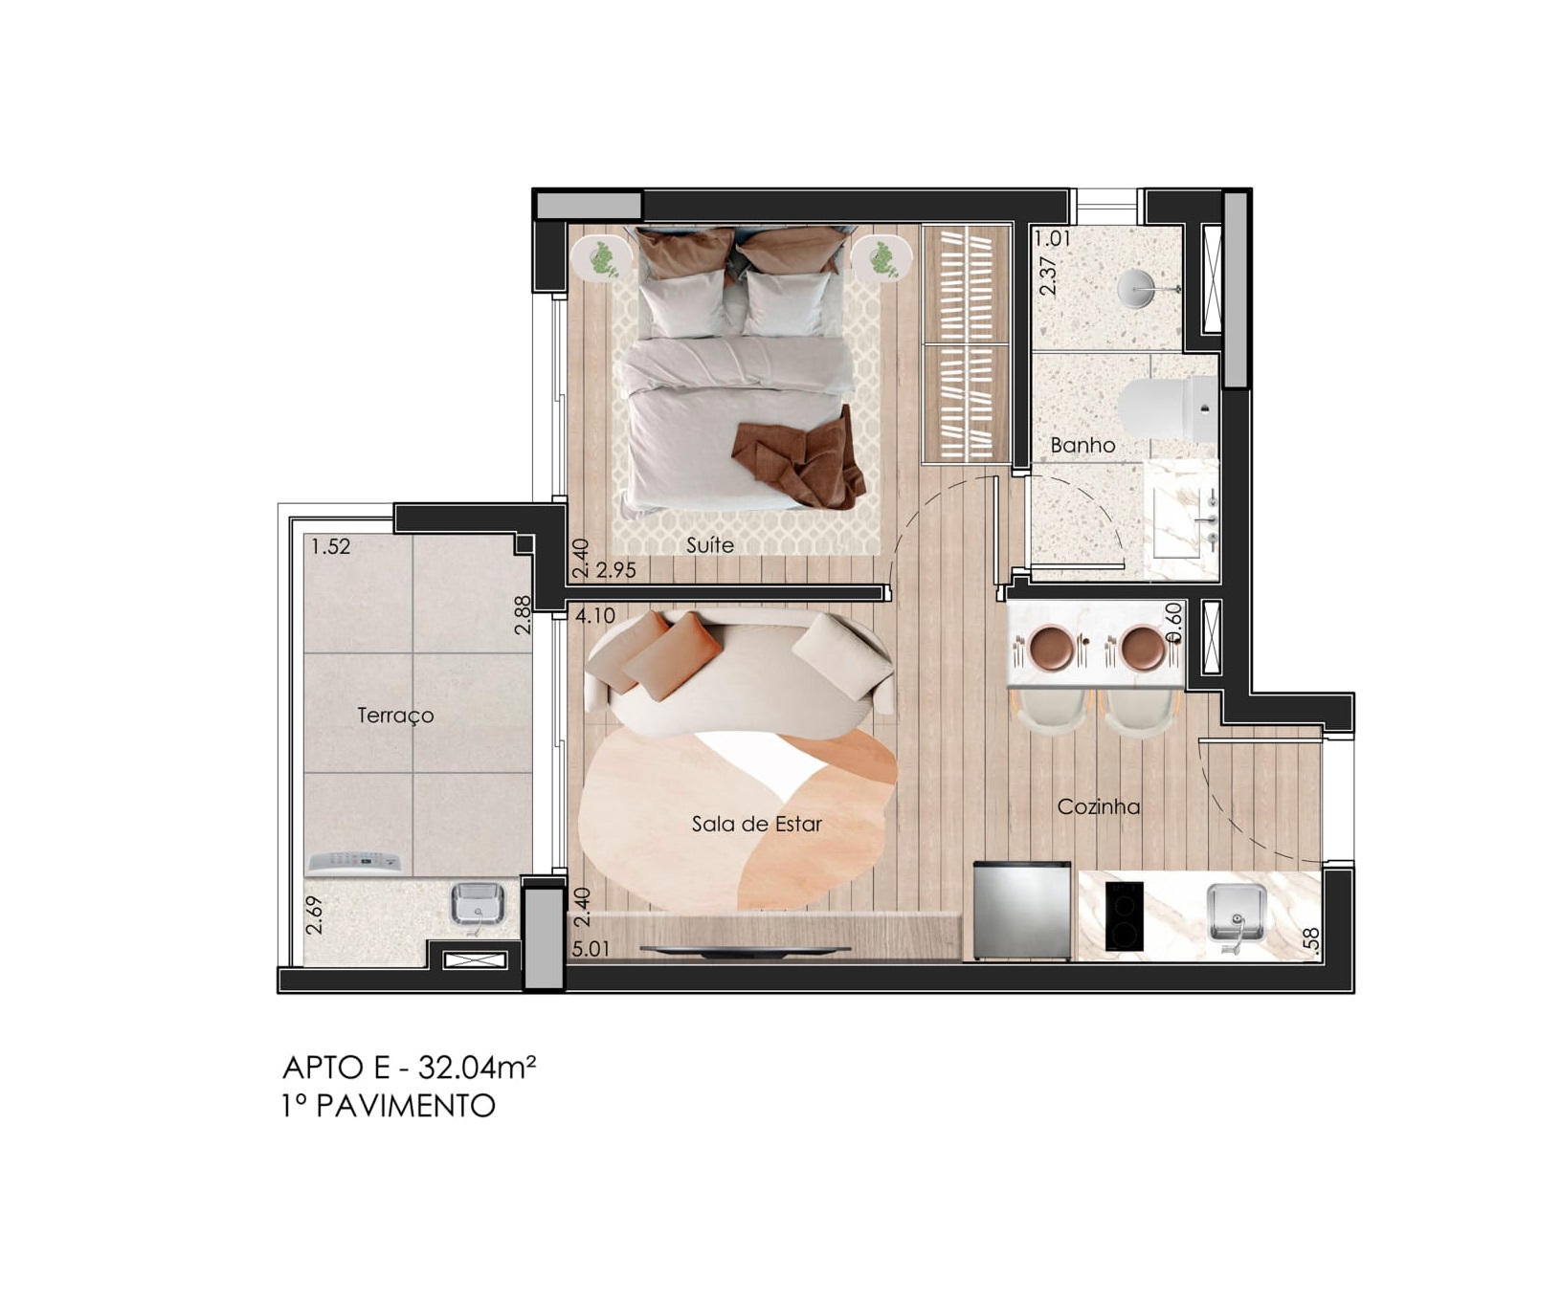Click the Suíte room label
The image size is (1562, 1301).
710,544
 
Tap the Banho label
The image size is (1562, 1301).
1082,445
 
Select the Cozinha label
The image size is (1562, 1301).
1099,806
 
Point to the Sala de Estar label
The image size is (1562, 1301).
757,824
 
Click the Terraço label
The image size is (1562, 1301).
395,716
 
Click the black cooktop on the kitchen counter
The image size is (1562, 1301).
1124,915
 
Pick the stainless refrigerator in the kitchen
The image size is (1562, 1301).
1022,910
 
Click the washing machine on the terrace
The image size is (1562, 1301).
354,863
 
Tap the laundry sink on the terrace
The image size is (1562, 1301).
479,906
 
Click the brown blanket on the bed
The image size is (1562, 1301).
800,456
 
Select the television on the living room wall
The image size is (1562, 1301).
745,949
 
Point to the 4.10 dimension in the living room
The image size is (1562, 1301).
595,617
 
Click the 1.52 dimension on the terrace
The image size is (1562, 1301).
330,546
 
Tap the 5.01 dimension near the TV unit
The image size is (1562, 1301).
591,950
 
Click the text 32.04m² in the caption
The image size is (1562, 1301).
477,1067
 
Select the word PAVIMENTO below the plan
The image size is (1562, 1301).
406,1106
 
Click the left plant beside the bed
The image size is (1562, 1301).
600,258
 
